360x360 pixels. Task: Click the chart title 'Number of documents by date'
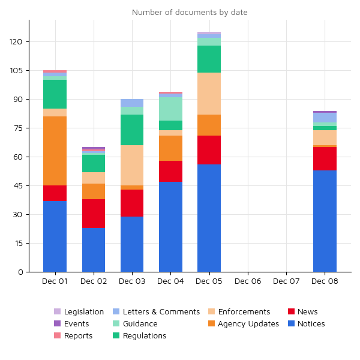click(190, 13)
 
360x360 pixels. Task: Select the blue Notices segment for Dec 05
click(209, 218)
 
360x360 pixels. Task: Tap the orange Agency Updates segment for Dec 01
click(55, 151)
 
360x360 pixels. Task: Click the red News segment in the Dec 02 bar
click(94, 213)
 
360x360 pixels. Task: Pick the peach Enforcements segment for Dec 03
click(132, 165)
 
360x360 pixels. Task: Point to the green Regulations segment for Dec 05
click(209, 59)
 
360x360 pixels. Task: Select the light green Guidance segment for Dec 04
click(170, 109)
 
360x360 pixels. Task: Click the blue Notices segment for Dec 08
click(325, 221)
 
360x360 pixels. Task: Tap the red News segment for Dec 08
click(325, 158)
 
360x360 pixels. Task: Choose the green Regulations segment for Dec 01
click(55, 94)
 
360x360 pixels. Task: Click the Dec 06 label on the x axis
click(248, 281)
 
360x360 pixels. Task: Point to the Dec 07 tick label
click(286, 281)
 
